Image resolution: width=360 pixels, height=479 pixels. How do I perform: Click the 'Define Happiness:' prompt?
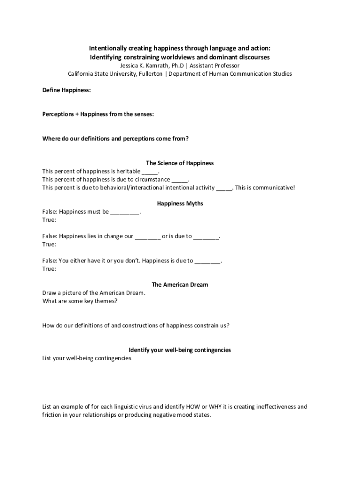coord(66,90)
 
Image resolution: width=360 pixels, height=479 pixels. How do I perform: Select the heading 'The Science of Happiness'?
coord(180,163)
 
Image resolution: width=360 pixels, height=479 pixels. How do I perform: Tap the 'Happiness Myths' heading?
coord(180,203)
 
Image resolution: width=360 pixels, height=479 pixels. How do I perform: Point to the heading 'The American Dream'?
coord(180,284)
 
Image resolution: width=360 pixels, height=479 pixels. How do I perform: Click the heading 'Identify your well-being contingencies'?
coord(180,350)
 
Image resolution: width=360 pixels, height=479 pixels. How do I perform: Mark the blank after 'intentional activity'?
coord(224,188)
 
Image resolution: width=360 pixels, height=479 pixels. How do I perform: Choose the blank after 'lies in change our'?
coord(148,236)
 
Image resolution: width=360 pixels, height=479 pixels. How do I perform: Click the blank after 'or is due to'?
coord(206,236)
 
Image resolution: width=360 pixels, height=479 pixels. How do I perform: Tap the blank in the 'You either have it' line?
coord(207,261)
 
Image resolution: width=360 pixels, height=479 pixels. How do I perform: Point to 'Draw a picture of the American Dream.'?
coord(94,293)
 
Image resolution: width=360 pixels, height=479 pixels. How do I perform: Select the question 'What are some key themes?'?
coord(80,301)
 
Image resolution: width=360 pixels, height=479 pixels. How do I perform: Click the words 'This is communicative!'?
coord(265,188)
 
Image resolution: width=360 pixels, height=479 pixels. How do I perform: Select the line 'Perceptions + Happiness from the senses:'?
coord(98,114)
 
